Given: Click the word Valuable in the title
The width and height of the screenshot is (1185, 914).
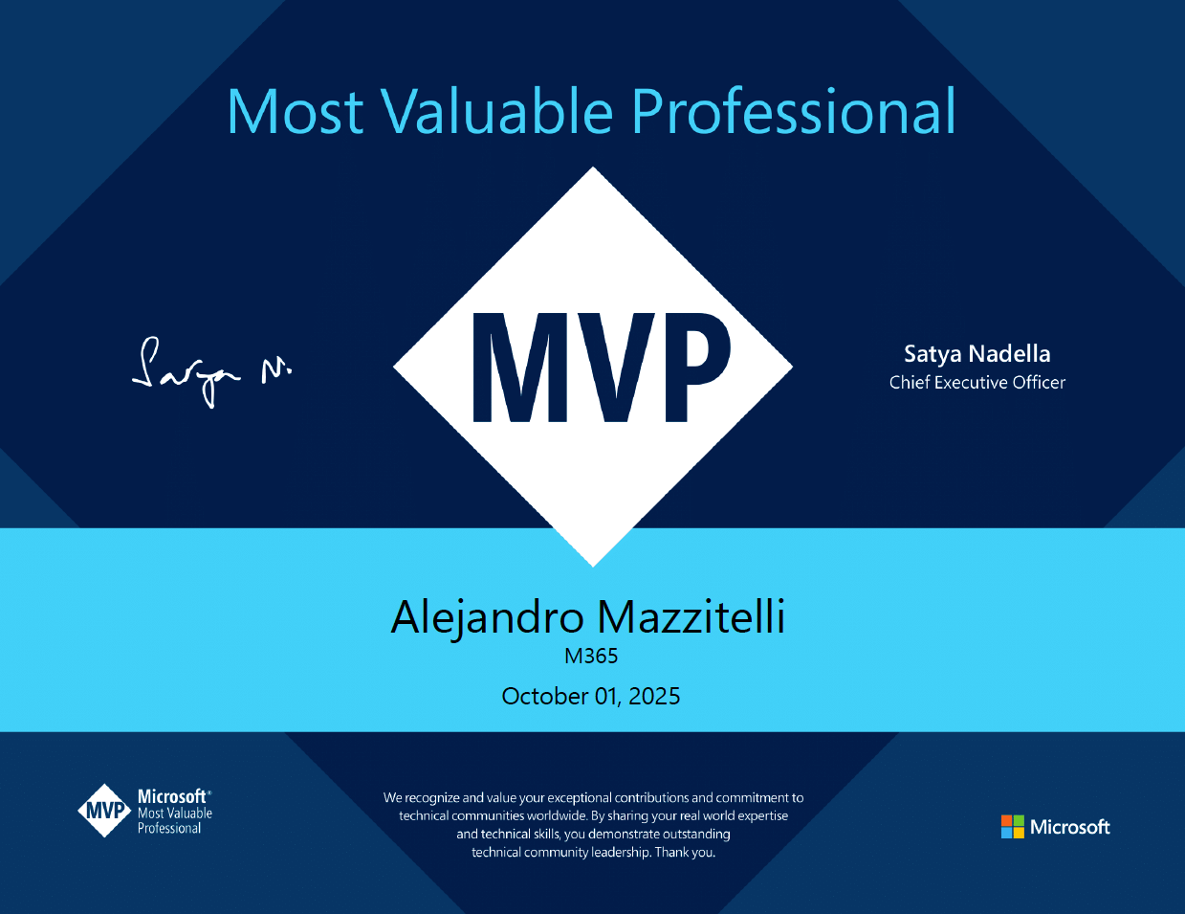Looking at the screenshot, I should click(x=498, y=112).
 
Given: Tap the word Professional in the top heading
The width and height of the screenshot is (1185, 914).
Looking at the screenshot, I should click(x=793, y=112).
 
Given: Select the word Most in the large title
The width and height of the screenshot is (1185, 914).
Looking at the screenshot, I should click(x=296, y=112).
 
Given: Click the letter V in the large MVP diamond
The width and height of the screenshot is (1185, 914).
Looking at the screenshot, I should click(x=612, y=368).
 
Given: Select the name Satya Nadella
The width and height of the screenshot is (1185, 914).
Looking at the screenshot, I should click(x=977, y=354).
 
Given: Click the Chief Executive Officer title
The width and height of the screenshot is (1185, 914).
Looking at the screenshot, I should click(x=977, y=383).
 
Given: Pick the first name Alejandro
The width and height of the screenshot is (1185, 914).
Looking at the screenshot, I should click(x=487, y=617).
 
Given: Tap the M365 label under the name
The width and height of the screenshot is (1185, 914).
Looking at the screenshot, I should click(x=591, y=657).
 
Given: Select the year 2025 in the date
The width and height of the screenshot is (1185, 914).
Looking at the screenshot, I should click(x=654, y=697).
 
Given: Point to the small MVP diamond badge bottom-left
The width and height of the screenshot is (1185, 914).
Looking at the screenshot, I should click(x=104, y=812).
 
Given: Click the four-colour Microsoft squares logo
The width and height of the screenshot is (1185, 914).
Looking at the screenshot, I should click(x=1012, y=827).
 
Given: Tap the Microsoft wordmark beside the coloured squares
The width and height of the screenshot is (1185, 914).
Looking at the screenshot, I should click(x=1070, y=827).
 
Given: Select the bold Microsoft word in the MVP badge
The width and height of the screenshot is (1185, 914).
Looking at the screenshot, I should click(x=172, y=796).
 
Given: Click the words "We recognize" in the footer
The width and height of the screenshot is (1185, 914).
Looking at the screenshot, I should click(x=421, y=797).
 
